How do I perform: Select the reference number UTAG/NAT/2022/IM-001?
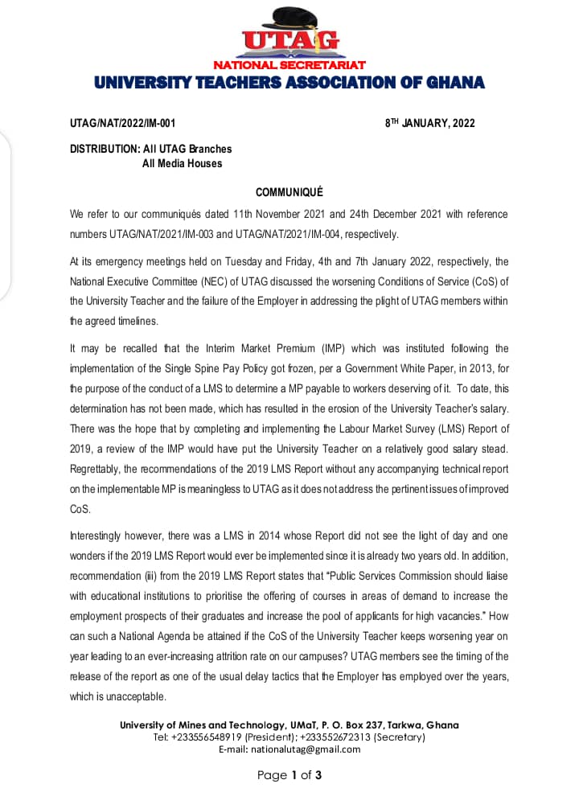point(122,123)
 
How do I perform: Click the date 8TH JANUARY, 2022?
point(430,123)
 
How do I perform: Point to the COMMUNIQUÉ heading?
point(289,192)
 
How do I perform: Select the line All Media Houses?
point(182,163)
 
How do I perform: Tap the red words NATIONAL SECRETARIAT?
point(289,64)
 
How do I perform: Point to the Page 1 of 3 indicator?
point(289,775)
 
